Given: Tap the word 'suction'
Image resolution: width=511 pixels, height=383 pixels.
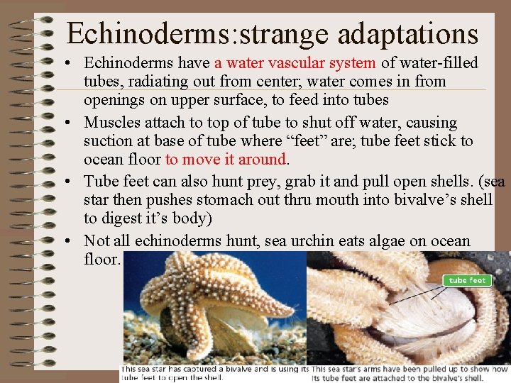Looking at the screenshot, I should (x=109, y=140).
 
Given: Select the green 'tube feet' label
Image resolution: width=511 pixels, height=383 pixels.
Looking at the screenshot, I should (x=468, y=281).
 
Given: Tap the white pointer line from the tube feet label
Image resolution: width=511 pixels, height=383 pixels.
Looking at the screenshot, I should (x=418, y=291).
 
